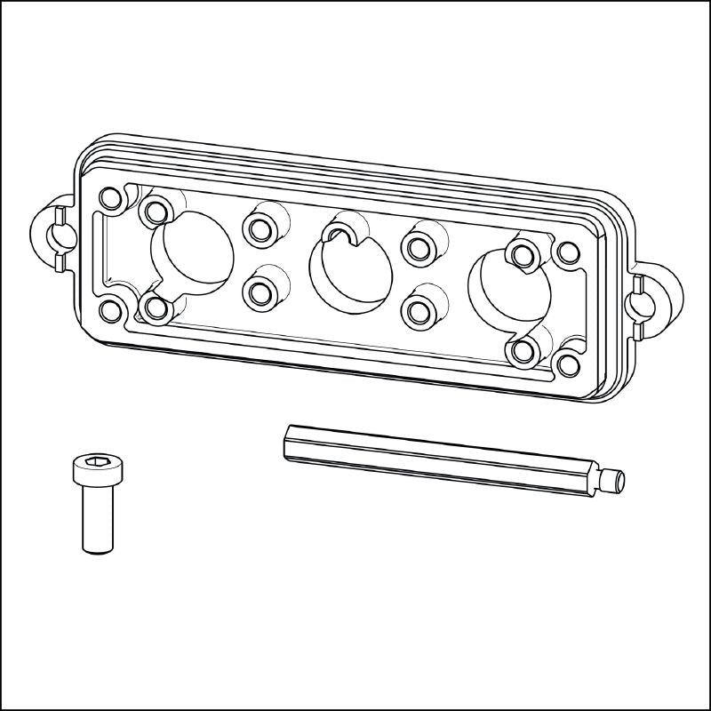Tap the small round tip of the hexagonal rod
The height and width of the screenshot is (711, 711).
[617, 481]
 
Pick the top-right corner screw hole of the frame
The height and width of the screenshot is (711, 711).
[566, 252]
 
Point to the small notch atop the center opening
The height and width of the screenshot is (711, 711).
[340, 234]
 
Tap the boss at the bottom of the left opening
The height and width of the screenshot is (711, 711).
[157, 308]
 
